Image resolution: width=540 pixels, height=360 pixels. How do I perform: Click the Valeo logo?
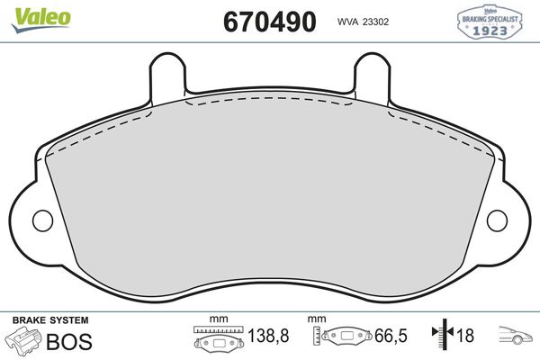pos(41,20)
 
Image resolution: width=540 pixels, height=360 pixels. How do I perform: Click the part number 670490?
pos(270,22)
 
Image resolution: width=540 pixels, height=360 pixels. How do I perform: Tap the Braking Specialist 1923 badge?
pos(490,22)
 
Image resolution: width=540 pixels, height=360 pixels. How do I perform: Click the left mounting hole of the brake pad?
pos(42,220)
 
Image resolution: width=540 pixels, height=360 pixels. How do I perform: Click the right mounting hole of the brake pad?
pos(497,220)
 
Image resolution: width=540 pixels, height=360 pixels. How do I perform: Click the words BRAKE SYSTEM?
pos(50,320)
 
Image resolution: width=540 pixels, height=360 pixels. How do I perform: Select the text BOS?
pos(69,342)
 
